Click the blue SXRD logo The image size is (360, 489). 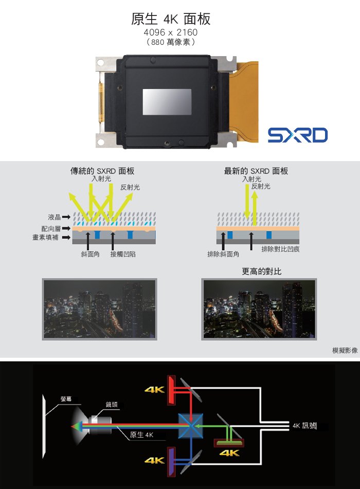[298, 135]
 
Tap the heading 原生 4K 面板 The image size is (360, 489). [171, 19]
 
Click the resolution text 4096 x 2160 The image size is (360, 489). [171, 32]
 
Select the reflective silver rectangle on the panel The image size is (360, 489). [167, 102]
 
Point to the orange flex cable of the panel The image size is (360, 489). [246, 101]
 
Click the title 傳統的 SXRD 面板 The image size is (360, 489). [102, 170]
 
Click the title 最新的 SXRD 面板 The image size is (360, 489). [256, 170]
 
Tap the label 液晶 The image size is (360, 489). [54, 217]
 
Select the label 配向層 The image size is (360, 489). [51, 229]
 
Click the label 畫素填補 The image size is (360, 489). [45, 237]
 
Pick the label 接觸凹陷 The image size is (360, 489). [123, 254]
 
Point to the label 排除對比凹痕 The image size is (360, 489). [280, 249]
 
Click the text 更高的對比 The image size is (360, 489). [261, 271]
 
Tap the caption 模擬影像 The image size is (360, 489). [345, 350]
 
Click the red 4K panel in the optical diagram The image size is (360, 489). [172, 390]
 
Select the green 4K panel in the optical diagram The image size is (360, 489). [229, 443]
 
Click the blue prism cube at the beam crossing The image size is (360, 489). [190, 426]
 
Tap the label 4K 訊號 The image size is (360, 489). [304, 425]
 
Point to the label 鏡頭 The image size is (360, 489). [112, 405]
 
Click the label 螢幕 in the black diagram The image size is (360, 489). [66, 399]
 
